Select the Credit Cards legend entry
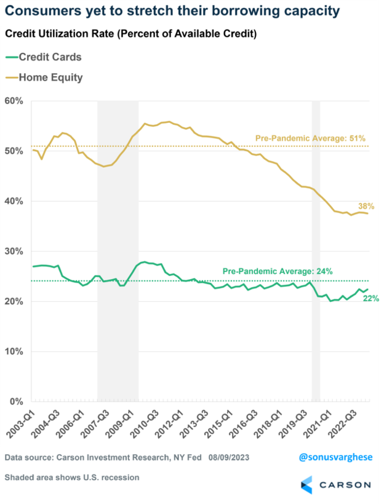click(x=50, y=57)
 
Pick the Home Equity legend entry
click(x=50, y=77)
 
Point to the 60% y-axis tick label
click(x=14, y=101)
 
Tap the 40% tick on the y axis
click(x=14, y=201)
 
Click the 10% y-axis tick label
click(x=14, y=352)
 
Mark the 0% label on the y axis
click(x=16, y=402)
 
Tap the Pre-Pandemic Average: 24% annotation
click(x=278, y=271)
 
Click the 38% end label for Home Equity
click(x=366, y=206)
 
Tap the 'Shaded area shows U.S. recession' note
click(x=72, y=477)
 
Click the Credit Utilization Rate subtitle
click(x=130, y=34)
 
